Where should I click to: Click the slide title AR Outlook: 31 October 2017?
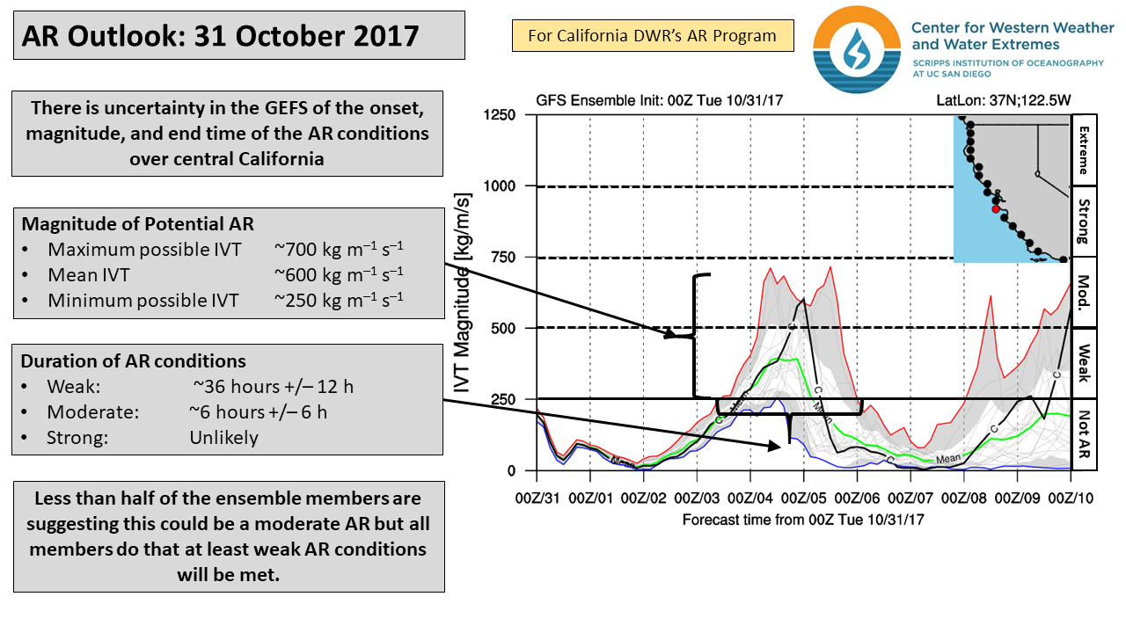220,36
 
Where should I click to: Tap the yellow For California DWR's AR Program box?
652,36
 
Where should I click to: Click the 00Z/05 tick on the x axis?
804,498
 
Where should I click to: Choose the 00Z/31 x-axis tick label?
537,498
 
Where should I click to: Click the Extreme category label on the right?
1084,149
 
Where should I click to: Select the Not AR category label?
1084,435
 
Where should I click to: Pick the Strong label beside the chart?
1084,222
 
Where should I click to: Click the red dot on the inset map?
995,209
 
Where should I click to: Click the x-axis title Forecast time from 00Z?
803,520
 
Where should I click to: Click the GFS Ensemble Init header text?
658,100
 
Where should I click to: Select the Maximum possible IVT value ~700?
339,249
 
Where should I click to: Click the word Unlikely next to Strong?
223,437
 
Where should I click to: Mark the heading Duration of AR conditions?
134,361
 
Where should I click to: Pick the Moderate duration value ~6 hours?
258,411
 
